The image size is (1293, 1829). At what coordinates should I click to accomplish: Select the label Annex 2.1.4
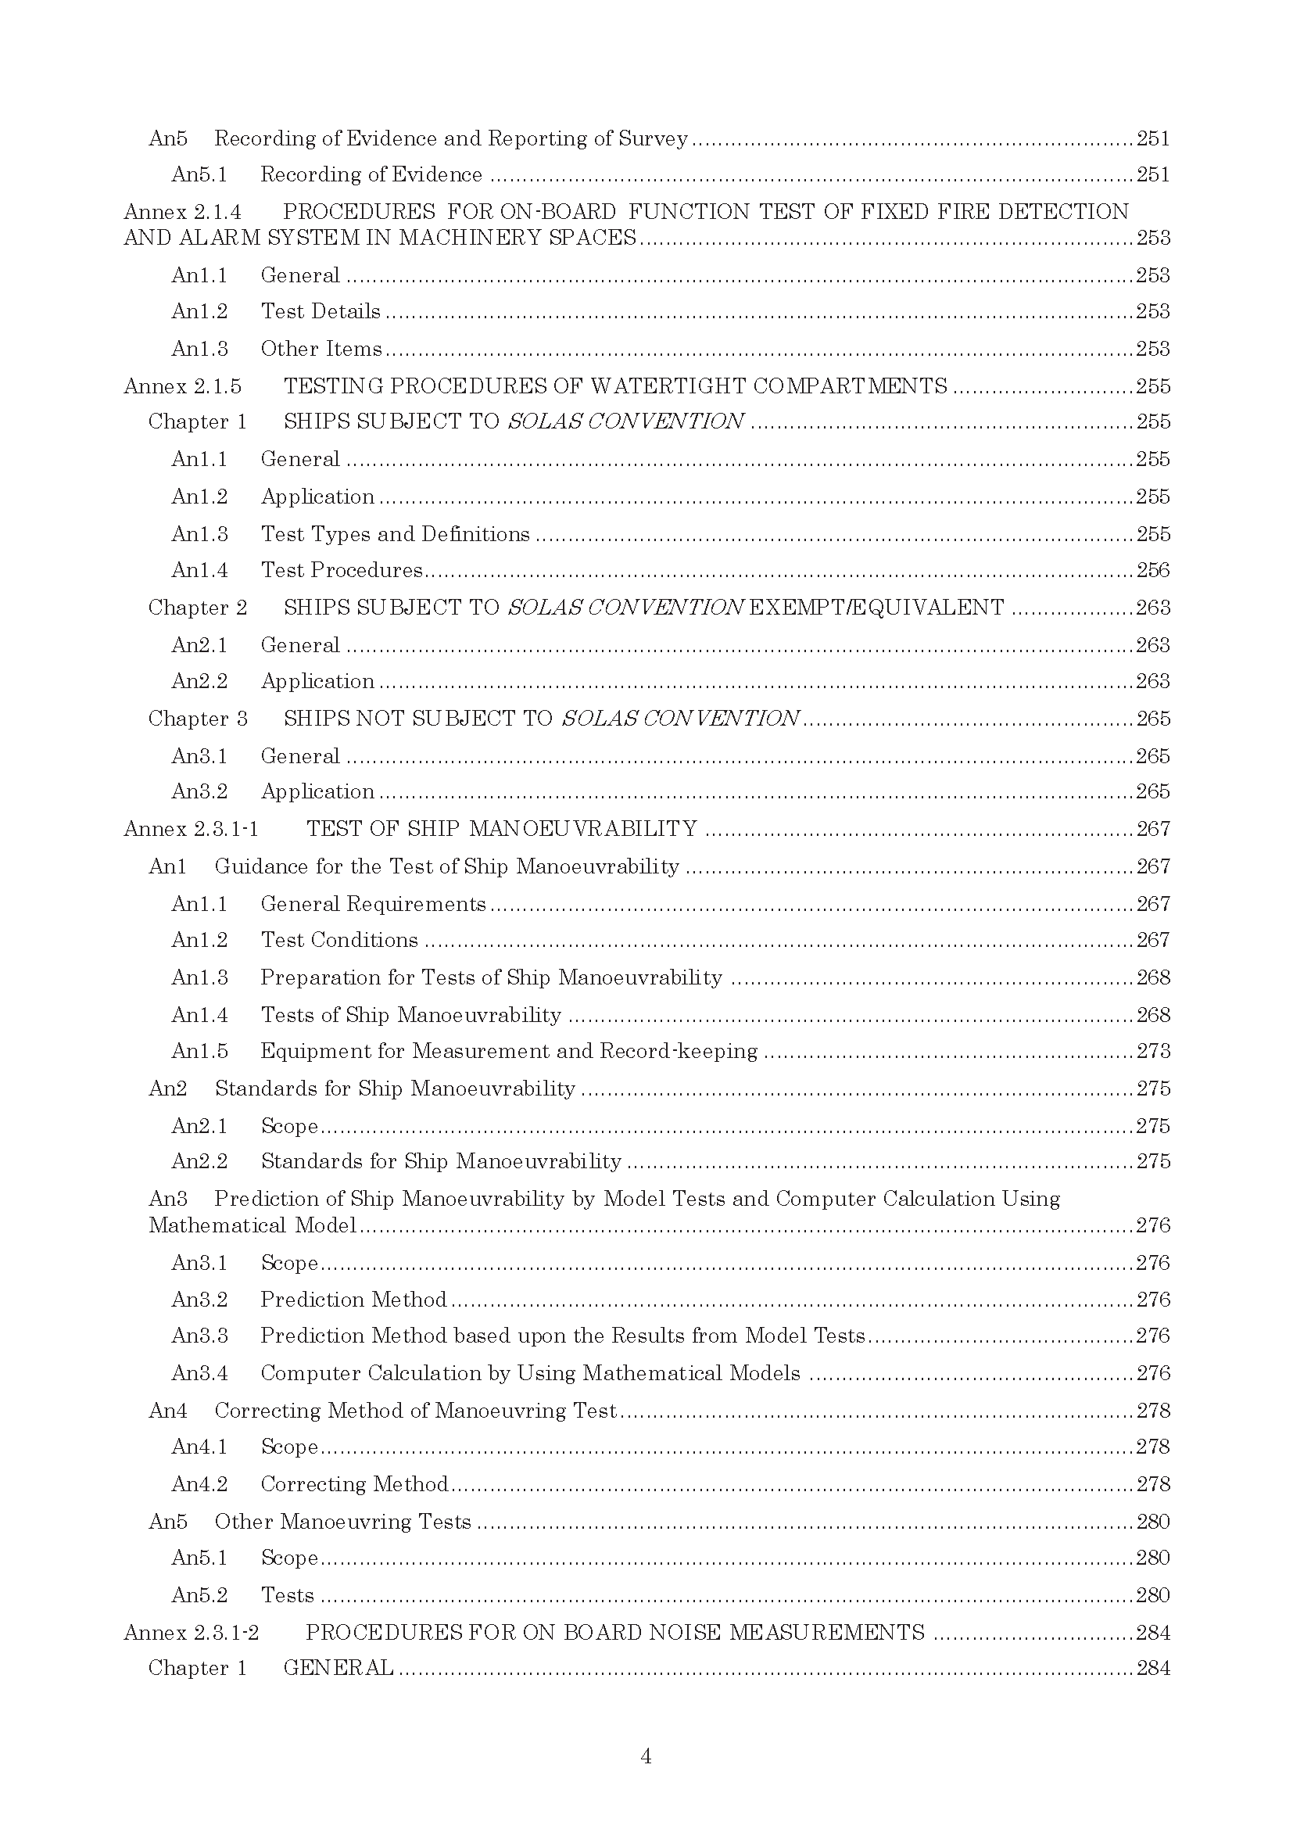tap(182, 212)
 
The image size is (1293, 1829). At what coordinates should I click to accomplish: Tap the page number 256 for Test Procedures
tap(1153, 570)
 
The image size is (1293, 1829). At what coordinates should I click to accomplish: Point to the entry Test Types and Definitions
tap(395, 534)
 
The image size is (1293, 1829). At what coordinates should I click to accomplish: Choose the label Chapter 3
tap(198, 719)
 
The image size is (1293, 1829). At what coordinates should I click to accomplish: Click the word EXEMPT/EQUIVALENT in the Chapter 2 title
tap(877, 608)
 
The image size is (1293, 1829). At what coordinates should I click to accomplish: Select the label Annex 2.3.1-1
tap(191, 829)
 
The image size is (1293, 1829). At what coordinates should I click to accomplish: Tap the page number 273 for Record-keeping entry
tap(1153, 1052)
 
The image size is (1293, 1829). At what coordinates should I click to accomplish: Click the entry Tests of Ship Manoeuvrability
tap(411, 1015)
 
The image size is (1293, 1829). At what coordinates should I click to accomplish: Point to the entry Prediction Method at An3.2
tap(353, 1300)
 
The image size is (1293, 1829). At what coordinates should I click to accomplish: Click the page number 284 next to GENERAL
tap(1153, 1668)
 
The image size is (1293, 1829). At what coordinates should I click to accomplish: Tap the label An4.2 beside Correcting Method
tap(199, 1484)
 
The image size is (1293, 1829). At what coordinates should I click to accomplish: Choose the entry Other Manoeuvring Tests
tap(342, 1522)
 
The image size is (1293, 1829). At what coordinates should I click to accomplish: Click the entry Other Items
tap(321, 349)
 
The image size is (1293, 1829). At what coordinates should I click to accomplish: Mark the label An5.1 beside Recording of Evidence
tap(199, 174)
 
